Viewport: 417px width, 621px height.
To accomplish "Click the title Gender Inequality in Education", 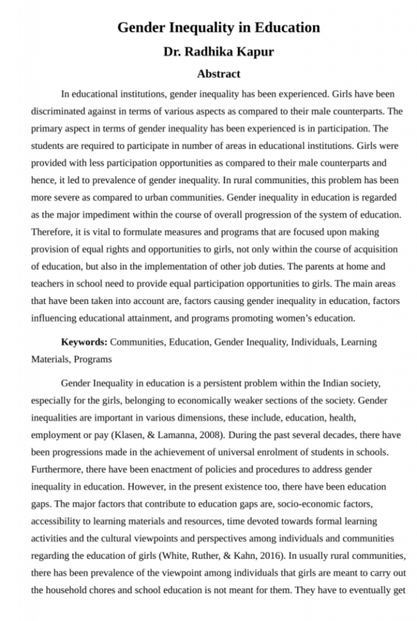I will coord(218,28).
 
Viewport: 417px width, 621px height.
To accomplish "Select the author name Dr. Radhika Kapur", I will coord(218,52).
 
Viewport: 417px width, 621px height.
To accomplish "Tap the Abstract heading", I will coord(218,74).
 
